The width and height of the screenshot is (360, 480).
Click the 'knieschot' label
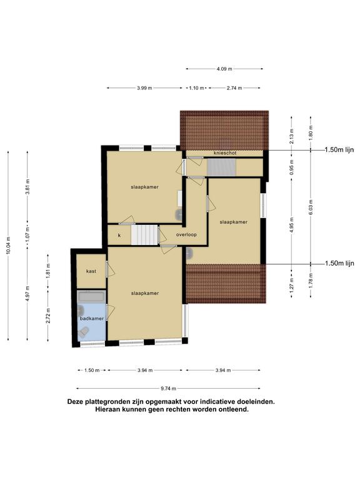coord(225,152)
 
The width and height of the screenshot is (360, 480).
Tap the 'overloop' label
coord(186,234)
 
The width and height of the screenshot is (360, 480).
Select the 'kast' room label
coord(91,271)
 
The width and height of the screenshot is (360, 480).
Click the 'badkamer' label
coord(91,318)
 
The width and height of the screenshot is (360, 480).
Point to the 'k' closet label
coord(119,236)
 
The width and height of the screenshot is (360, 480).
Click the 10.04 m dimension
coord(8,245)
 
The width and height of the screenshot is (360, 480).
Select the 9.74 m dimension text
coord(168,389)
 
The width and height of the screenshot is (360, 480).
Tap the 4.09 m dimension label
coord(224,69)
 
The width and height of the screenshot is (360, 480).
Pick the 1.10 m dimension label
coord(196,88)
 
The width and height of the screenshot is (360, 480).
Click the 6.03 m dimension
coord(311,207)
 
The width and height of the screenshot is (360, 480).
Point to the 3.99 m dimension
coord(144,88)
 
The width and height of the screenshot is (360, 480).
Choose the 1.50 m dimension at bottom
coord(92,370)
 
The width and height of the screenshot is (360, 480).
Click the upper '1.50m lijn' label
coord(339,150)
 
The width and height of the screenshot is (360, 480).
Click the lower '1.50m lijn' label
coord(339,263)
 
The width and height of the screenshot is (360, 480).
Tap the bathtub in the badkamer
coord(91,296)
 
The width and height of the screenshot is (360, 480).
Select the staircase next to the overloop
coord(144,235)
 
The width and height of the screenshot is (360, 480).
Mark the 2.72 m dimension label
coord(48,315)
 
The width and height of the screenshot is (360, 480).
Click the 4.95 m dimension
coord(291,225)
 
